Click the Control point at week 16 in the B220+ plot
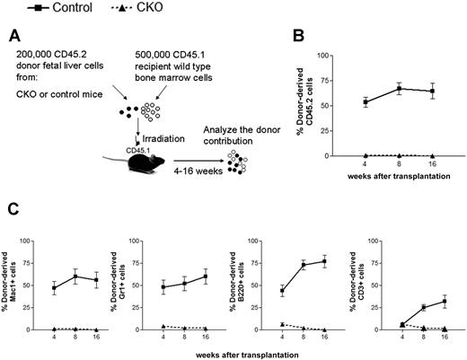click(x=323, y=261)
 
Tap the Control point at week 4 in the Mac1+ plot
click(x=55, y=288)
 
